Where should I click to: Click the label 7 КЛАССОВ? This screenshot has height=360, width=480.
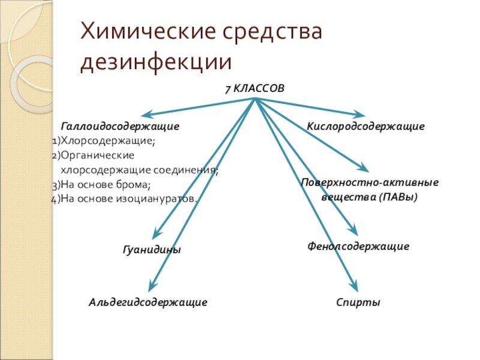pos(254,89)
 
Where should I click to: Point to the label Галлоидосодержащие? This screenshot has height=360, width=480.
pos(120,127)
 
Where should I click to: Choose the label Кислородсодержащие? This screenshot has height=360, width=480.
pos(365,127)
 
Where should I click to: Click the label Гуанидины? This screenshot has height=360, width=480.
pos(151,250)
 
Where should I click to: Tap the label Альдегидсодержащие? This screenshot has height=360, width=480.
pos(148,303)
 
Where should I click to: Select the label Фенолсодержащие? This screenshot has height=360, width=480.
pos(358,246)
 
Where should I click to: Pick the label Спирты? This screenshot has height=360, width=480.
pos(358,303)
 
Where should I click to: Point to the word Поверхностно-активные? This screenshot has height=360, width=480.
pos(369,182)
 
